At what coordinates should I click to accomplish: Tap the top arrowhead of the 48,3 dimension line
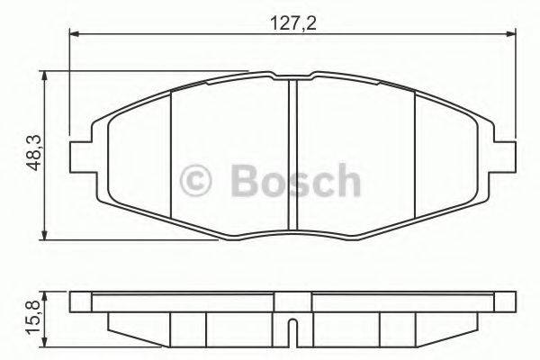click(46, 79)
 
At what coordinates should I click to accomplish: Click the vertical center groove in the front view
click(292, 153)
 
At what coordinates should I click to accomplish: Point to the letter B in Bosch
click(246, 180)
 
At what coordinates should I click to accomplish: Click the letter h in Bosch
click(345, 180)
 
